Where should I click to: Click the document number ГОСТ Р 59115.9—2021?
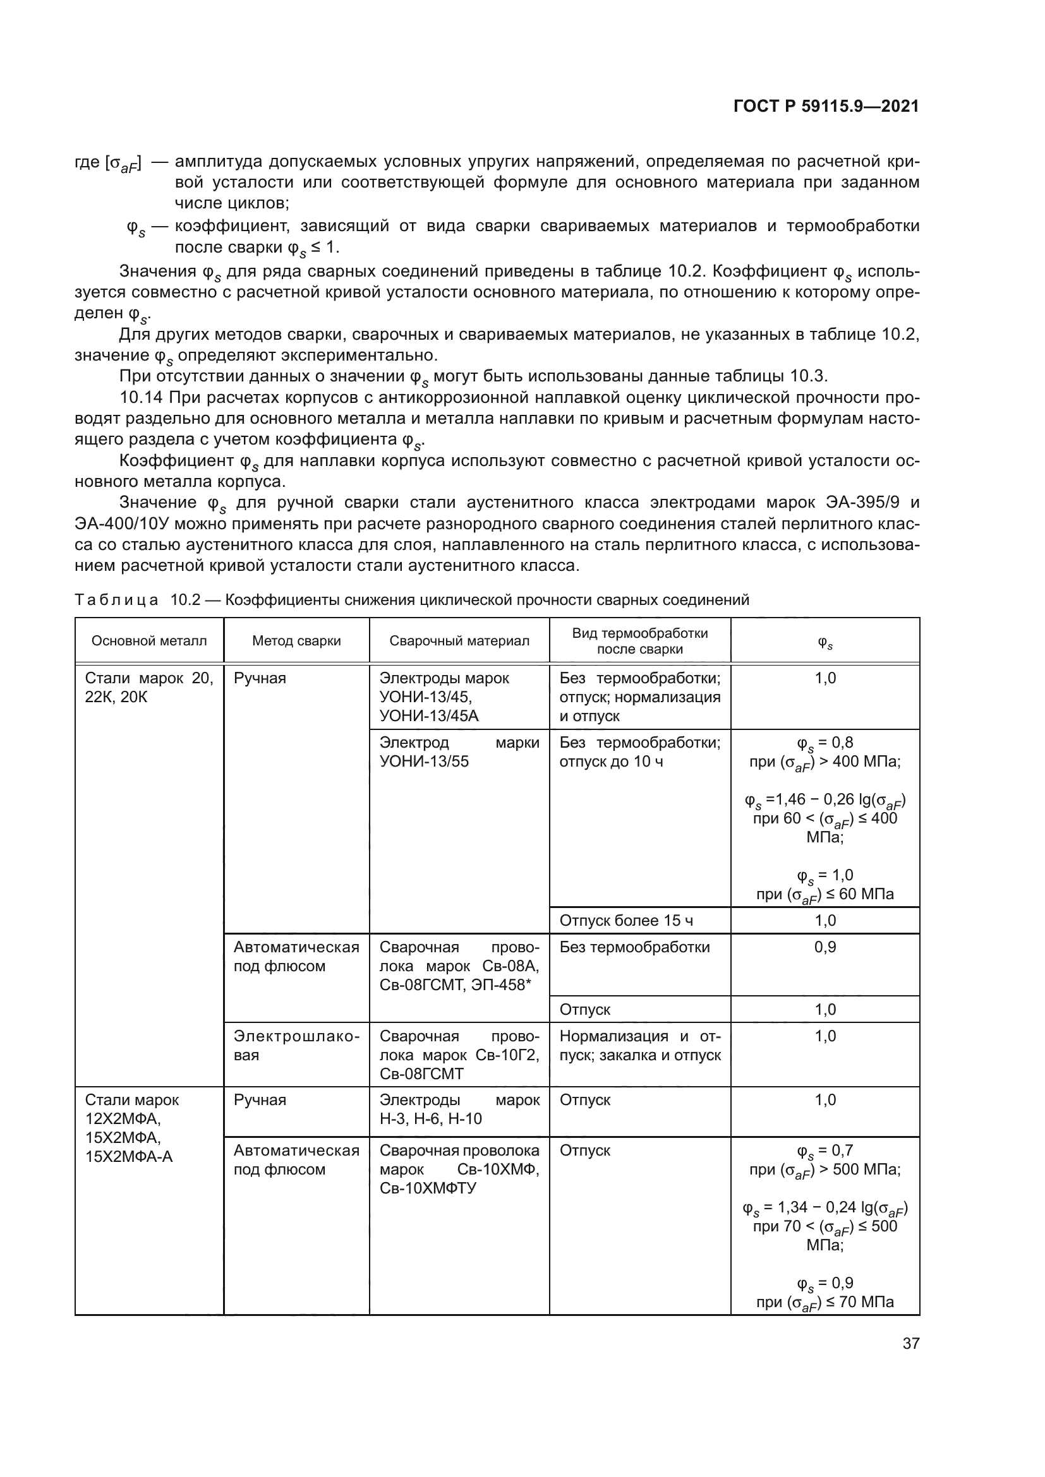point(826,106)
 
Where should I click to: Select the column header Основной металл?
point(149,641)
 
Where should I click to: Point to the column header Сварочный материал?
point(459,641)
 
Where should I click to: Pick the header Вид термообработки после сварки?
point(639,641)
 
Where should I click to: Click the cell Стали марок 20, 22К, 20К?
point(148,688)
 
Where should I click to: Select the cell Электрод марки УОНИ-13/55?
point(459,752)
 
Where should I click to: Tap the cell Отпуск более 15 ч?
point(626,921)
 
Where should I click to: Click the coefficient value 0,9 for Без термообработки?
point(825,947)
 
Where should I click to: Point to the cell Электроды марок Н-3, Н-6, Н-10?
point(459,1109)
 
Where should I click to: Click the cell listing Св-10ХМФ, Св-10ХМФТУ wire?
point(459,1169)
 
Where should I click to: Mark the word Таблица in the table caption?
point(116,600)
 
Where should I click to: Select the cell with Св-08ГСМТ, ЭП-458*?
point(459,966)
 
